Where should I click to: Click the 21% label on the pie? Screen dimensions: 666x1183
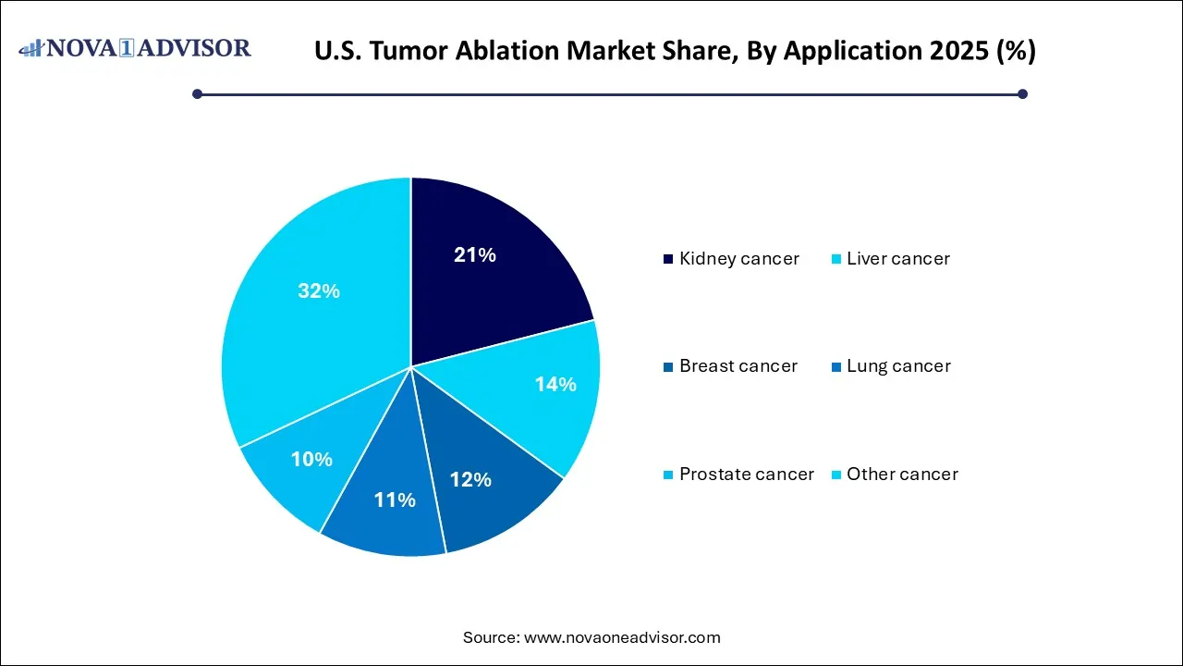point(474,255)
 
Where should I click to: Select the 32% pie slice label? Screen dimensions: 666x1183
point(318,291)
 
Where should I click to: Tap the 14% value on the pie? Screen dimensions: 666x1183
point(555,384)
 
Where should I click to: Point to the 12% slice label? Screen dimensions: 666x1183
point(470,479)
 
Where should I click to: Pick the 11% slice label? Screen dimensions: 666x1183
point(395,500)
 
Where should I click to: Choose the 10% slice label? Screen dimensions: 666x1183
point(311,459)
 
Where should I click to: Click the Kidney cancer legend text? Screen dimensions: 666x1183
point(738,259)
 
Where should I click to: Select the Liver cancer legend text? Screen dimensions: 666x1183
point(897,259)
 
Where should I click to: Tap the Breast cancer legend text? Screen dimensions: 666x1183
point(738,366)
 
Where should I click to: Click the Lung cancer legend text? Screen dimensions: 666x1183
point(898,366)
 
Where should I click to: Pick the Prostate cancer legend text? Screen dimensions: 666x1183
point(746,475)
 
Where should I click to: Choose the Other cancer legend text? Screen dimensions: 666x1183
point(902,475)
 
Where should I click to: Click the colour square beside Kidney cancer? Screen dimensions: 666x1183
point(668,259)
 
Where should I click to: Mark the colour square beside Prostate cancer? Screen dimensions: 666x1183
point(668,475)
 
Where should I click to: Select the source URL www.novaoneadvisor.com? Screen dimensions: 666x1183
point(622,637)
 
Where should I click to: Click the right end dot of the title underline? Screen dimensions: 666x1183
point(1022,93)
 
